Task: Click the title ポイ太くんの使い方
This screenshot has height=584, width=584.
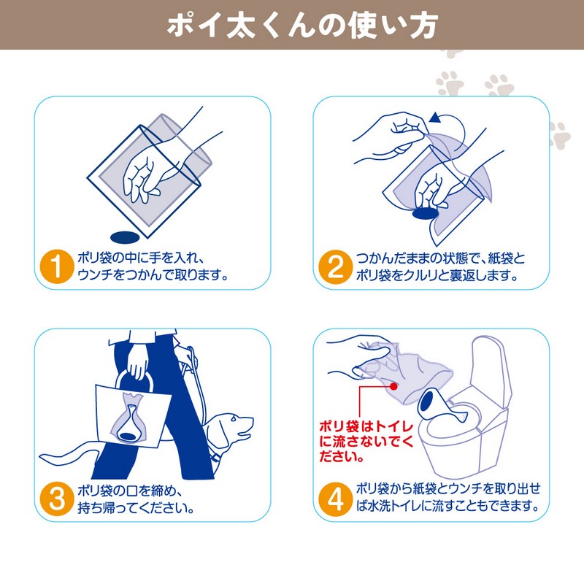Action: coord(302,26)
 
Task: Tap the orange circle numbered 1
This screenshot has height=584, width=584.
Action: coord(57,266)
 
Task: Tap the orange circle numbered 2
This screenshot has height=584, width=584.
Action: coord(335,266)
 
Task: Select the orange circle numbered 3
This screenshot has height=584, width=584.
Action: coord(57,499)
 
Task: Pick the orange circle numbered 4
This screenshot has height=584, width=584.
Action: coord(335,499)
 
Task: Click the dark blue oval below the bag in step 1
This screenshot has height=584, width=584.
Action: coord(125,237)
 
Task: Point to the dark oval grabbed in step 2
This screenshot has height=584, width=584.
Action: coord(425,214)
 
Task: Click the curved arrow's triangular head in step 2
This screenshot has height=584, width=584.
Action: coord(434,118)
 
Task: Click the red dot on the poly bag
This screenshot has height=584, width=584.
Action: coord(393,386)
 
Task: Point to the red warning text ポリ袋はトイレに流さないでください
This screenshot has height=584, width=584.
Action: coord(366,442)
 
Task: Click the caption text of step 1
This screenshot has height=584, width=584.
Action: coord(153,266)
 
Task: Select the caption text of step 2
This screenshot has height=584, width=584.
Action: coord(439,266)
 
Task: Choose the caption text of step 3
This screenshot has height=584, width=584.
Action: coord(136,499)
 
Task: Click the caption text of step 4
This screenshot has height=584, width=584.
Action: coord(447,497)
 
